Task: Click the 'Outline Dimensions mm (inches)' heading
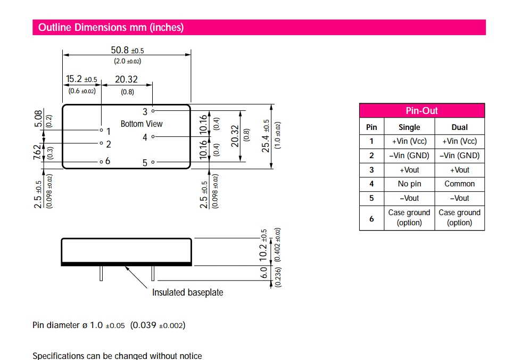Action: pyautogui.click(x=111, y=28)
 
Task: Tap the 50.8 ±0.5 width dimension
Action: pyautogui.click(x=127, y=51)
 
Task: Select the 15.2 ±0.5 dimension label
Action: pyautogui.click(x=81, y=80)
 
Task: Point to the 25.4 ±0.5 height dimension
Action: pyautogui.click(x=266, y=136)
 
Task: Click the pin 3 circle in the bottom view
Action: pyautogui.click(x=153, y=111)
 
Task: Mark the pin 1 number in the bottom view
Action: pyautogui.click(x=109, y=131)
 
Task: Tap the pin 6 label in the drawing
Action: pyautogui.click(x=107, y=161)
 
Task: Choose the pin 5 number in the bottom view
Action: pyautogui.click(x=145, y=163)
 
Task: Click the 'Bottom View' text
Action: pyautogui.click(x=142, y=124)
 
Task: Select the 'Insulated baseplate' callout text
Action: pyautogui.click(x=187, y=292)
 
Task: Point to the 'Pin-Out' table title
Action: pyautogui.click(x=421, y=111)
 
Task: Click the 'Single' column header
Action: pyautogui.click(x=409, y=127)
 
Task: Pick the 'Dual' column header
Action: pyautogui.click(x=459, y=127)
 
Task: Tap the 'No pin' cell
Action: pyautogui.click(x=409, y=184)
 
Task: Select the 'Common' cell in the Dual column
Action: pyautogui.click(x=459, y=184)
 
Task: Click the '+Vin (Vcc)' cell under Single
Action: pyautogui.click(x=409, y=142)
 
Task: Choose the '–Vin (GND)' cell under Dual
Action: pyautogui.click(x=459, y=156)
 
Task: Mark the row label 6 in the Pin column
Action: pyautogui.click(x=371, y=218)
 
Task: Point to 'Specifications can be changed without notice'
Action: pyautogui.click(x=117, y=356)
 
